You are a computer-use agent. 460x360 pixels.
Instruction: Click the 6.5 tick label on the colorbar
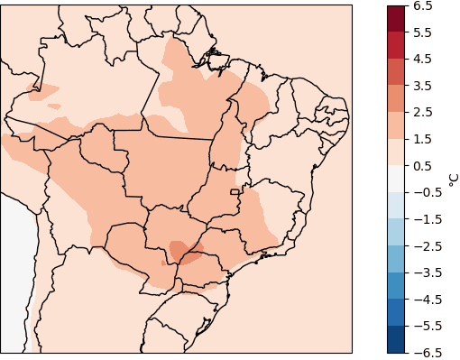pos(424,6)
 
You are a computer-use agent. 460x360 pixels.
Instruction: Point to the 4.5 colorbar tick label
pos(424,60)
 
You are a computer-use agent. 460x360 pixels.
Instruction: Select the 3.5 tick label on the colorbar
pos(424,86)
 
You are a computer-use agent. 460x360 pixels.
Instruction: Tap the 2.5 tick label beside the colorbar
pos(424,113)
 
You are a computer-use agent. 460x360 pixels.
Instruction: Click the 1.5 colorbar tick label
pos(424,139)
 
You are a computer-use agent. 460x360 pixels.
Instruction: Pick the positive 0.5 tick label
pos(424,166)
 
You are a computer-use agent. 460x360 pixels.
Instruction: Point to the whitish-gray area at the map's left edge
pos(15,271)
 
